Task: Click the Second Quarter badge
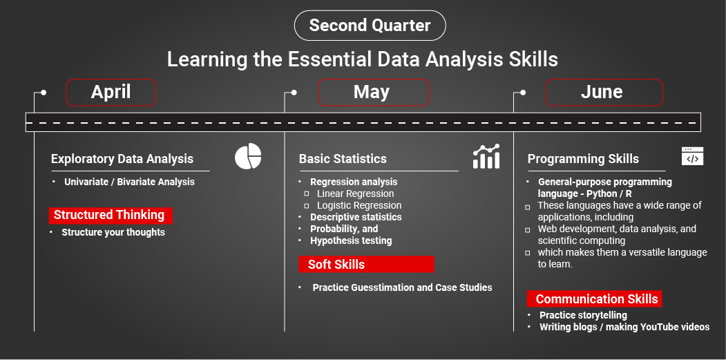(x=370, y=26)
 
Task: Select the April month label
(x=111, y=92)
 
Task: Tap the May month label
(x=373, y=92)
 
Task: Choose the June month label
(x=604, y=92)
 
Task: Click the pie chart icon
(x=248, y=156)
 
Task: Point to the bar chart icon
(x=486, y=156)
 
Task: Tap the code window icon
(x=692, y=156)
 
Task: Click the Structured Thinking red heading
(x=111, y=215)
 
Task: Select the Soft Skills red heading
(x=366, y=264)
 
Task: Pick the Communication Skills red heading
(x=595, y=299)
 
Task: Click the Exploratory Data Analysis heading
(x=122, y=158)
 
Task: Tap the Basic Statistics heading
(x=343, y=158)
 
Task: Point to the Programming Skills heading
(x=584, y=159)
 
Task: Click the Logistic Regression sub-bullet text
(x=359, y=205)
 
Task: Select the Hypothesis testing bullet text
(x=351, y=240)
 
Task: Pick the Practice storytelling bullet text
(x=584, y=315)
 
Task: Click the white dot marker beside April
(x=44, y=93)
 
